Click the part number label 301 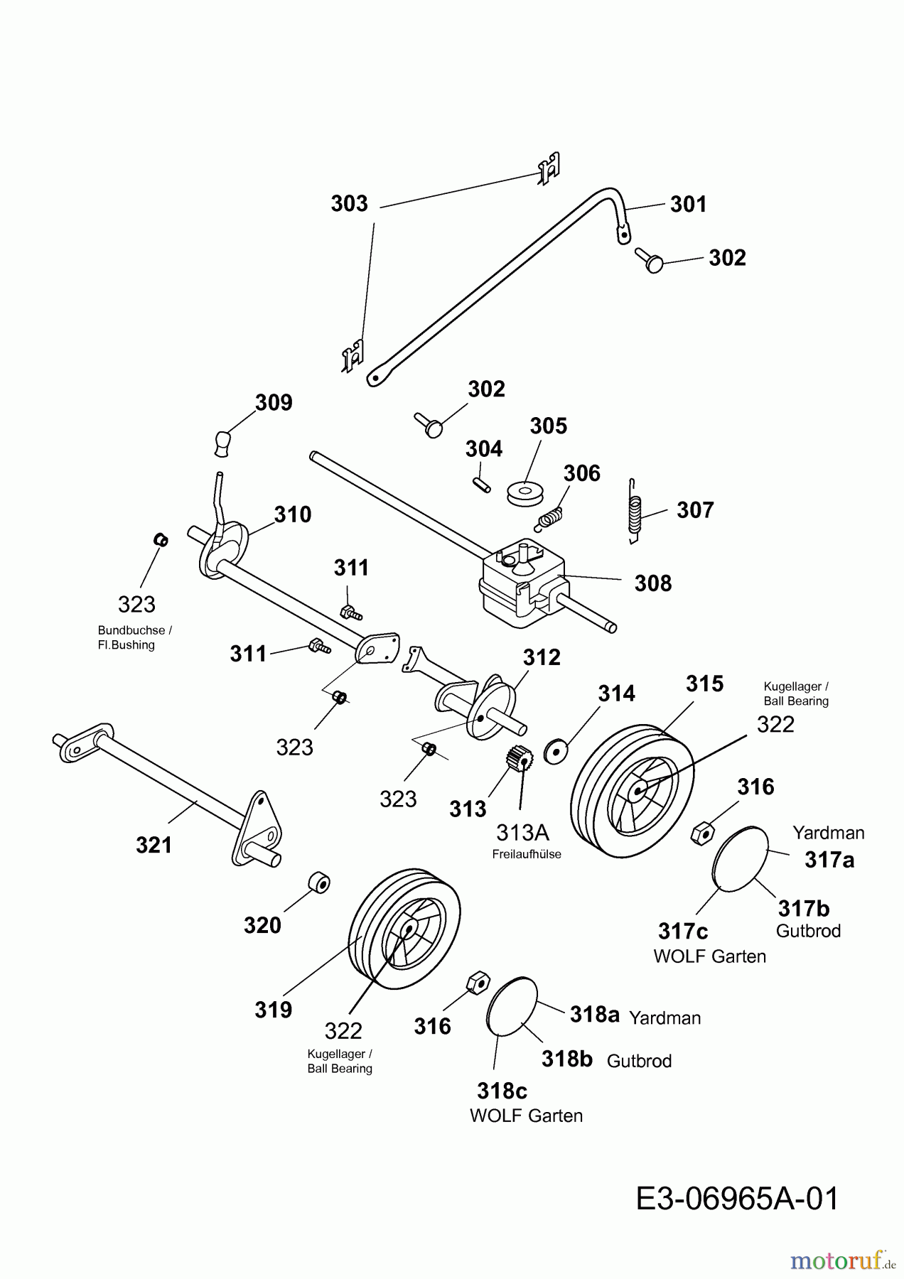point(688,205)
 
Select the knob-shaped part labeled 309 point(224,441)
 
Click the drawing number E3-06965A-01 point(737,1199)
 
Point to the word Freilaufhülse point(527,854)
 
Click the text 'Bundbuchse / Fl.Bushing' point(134,637)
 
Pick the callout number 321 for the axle point(154,845)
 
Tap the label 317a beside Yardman point(829,860)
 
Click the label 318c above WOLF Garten point(502,1091)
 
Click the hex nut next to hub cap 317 point(702,833)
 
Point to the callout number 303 point(349,204)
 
